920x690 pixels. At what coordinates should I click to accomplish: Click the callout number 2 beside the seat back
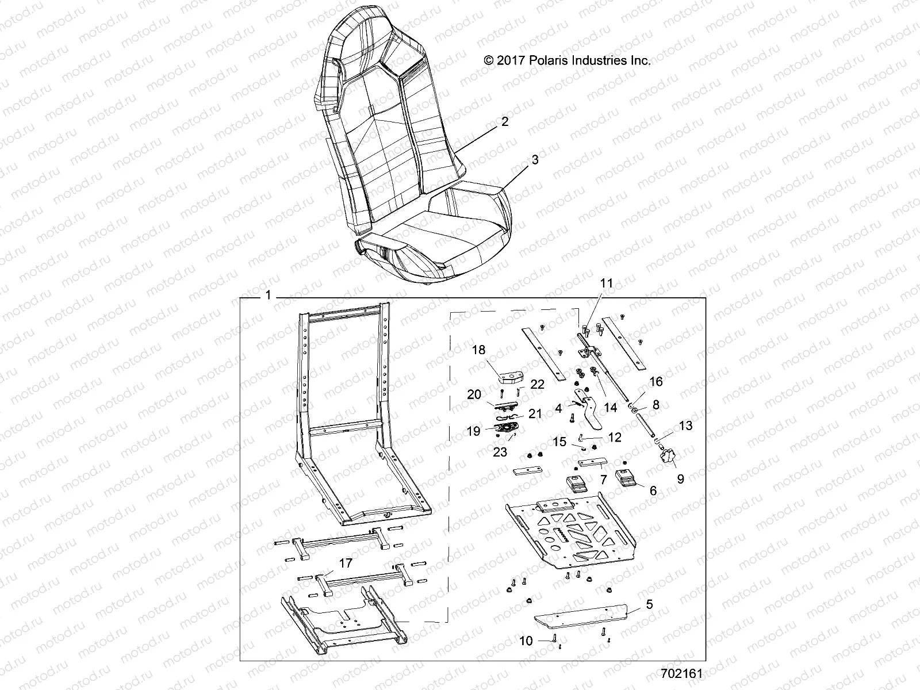[504, 122]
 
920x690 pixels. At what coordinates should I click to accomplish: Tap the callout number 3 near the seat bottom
[535, 160]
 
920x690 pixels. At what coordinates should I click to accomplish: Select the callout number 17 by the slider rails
[345, 563]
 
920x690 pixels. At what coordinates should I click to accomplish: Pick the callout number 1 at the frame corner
[268, 296]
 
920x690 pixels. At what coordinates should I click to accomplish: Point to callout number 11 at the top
[607, 283]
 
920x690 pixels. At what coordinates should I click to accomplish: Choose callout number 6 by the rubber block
[653, 490]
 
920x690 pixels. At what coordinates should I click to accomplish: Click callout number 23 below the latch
[500, 452]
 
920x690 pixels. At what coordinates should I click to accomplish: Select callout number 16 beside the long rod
[655, 381]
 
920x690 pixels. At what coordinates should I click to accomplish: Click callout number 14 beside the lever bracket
[610, 407]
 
